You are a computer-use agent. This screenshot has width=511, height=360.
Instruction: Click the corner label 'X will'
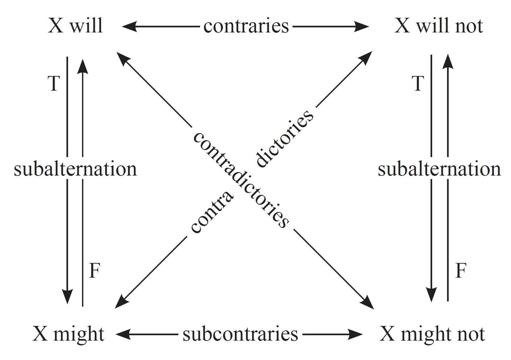[x=75, y=25]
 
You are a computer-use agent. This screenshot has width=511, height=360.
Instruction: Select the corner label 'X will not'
[x=439, y=25]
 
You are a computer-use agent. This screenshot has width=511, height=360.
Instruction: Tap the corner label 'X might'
[x=68, y=334]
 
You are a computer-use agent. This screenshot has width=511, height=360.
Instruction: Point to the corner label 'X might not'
[x=432, y=334]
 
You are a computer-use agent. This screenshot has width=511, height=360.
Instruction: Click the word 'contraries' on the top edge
[x=246, y=26]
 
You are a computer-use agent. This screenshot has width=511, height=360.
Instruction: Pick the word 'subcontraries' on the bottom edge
[x=240, y=334]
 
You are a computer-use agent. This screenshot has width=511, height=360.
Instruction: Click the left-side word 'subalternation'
[x=75, y=169]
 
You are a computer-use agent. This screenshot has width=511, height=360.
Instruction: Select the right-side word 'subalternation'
[x=439, y=169]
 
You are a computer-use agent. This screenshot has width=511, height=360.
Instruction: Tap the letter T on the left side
[x=54, y=84]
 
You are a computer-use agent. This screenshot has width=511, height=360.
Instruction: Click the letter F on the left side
[x=95, y=271]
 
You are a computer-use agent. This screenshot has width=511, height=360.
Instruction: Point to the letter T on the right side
[x=418, y=84]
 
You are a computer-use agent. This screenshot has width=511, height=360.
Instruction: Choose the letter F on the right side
[x=460, y=271]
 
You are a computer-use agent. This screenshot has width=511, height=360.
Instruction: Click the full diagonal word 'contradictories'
[x=241, y=180]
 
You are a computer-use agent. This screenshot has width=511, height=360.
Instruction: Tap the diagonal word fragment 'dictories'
[x=285, y=138]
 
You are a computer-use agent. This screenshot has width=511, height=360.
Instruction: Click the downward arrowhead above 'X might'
[x=67, y=297]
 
